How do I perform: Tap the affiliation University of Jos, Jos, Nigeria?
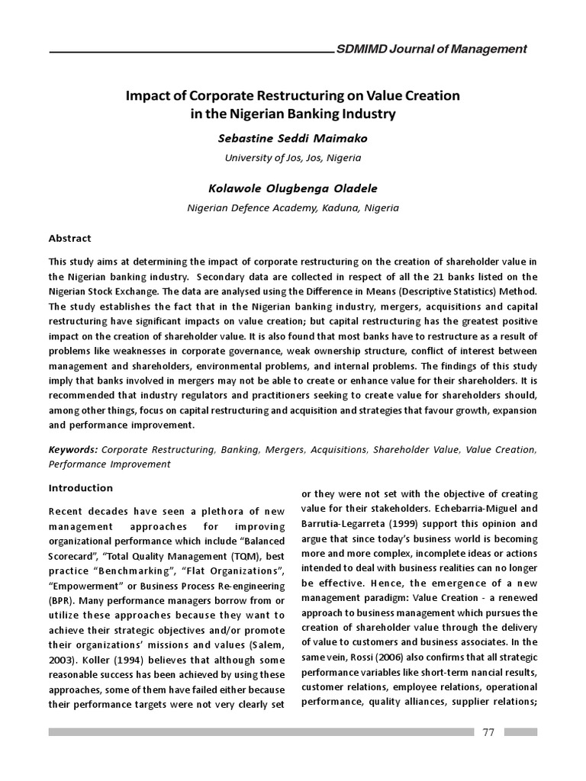[x=293, y=158]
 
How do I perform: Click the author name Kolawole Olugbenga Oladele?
[x=293, y=188]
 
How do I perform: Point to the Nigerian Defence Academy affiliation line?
[x=293, y=207]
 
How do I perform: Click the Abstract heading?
[x=70, y=238]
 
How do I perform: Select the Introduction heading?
[x=80, y=487]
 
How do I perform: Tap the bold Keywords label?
[x=73, y=450]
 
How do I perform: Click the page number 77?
[x=488, y=732]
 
